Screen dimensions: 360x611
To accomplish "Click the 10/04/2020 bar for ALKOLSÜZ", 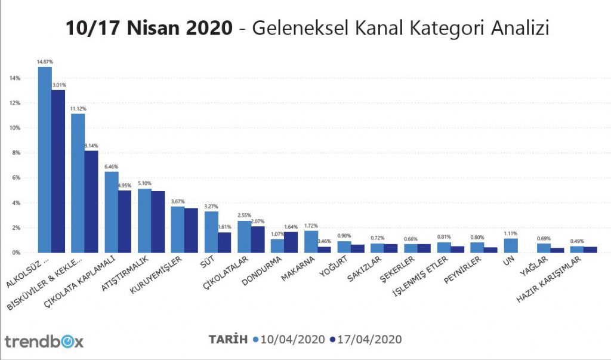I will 45,159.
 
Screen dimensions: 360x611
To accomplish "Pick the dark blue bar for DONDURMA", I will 291,242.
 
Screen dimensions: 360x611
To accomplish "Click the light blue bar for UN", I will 510,245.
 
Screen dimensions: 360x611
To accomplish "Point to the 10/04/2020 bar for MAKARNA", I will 311,241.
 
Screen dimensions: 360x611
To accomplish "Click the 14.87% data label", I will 44,61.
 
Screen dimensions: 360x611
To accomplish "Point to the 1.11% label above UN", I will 510,233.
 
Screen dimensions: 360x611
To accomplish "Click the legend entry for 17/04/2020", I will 365,339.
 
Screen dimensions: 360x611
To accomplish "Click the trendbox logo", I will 44,341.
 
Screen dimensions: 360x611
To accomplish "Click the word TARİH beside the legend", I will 227,339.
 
